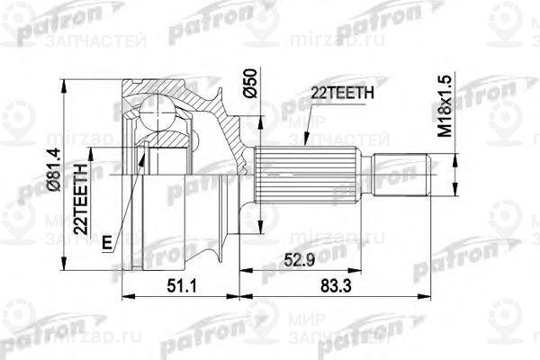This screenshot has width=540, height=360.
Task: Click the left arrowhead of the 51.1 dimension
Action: tap(123, 293)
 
